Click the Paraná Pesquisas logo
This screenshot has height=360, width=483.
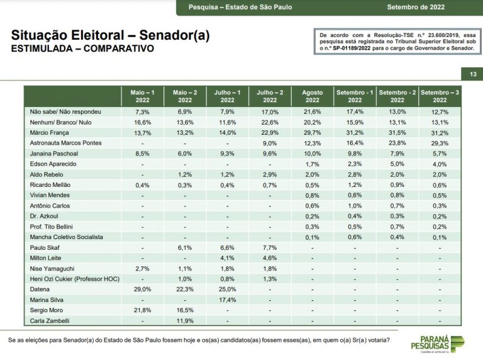click(x=438, y=344)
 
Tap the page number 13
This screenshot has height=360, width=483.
click(x=473, y=74)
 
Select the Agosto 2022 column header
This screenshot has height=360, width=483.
click(x=313, y=96)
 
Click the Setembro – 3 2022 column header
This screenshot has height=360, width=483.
click(x=440, y=96)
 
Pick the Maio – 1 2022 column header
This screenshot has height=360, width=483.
click(x=142, y=96)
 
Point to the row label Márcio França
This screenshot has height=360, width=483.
click(x=49, y=133)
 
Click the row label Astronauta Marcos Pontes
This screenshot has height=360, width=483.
click(x=65, y=143)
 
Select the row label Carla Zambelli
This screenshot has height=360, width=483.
click(x=50, y=320)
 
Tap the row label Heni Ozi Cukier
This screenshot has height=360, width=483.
click(x=75, y=279)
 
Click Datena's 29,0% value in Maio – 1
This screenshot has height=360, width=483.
click(x=142, y=290)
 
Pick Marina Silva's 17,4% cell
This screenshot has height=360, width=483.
click(x=227, y=300)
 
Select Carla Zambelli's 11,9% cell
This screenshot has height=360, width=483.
click(x=185, y=321)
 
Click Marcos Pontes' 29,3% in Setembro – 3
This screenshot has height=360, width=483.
click(x=440, y=143)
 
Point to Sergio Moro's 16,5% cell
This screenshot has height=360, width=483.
click(x=185, y=310)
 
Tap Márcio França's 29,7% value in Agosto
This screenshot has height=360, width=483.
click(x=313, y=133)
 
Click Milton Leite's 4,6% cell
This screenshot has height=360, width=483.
click(x=270, y=258)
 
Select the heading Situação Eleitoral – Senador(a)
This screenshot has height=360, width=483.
click(x=110, y=35)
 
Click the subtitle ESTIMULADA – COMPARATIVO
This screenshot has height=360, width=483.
click(x=82, y=48)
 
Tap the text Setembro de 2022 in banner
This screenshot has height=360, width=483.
click(x=416, y=7)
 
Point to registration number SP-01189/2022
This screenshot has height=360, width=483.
click(x=352, y=48)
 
